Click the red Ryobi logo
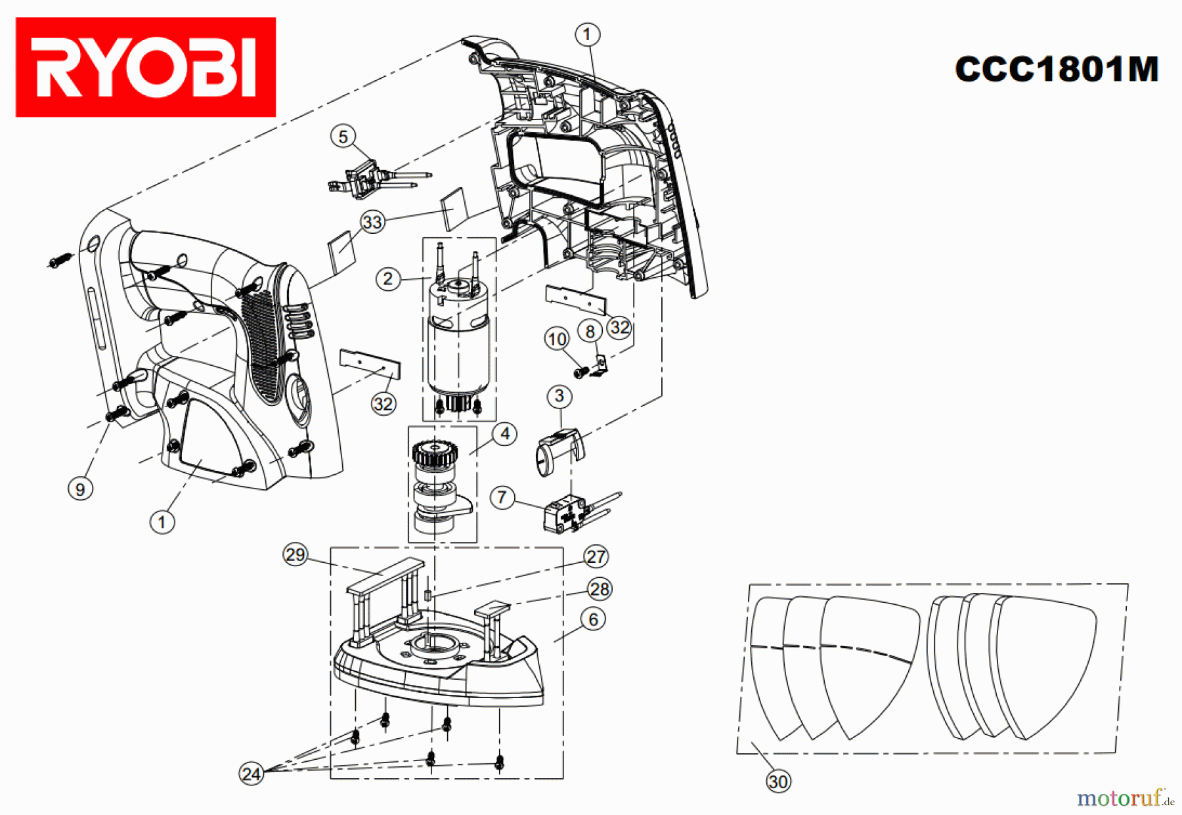pos(145,67)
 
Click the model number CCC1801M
pos(1057,69)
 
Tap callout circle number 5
pos(343,137)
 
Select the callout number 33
pos(372,222)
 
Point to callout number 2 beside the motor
pos(388,279)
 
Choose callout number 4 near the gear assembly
pos(504,434)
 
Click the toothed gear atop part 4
pos(434,454)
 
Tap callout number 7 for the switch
pos(502,497)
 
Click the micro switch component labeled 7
pos(563,513)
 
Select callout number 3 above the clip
pos(559,396)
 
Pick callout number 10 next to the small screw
pos(557,339)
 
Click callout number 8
pos(590,332)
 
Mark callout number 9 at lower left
pos(80,489)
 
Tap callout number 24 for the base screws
pos(252,774)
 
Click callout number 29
pos(295,555)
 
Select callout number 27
pos(596,557)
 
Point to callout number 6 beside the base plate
pos(593,619)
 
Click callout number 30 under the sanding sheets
pos(778,782)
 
